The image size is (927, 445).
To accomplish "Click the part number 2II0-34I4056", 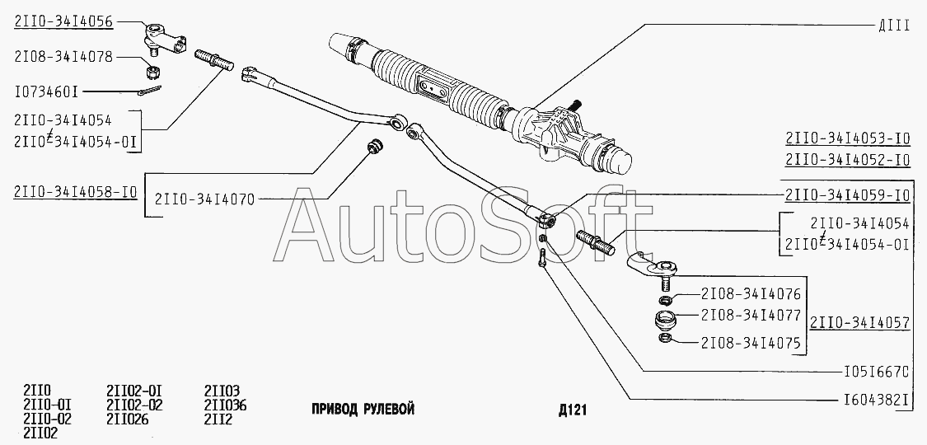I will coord(63,22).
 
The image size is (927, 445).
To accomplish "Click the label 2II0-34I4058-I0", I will coord(75,193).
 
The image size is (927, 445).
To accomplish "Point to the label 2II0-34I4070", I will coord(204,199).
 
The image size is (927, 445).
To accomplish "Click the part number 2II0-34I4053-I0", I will coord(847,138).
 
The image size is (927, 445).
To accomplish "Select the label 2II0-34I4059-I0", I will coord(847,196).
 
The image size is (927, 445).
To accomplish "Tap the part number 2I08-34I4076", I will coord(751,294).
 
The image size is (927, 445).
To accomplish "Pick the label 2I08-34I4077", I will coord(751,316).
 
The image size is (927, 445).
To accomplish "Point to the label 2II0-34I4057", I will coord(859,322).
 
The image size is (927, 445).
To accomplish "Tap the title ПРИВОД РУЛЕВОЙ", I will coord(363,410).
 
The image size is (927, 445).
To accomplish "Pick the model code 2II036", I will coord(225,406).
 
